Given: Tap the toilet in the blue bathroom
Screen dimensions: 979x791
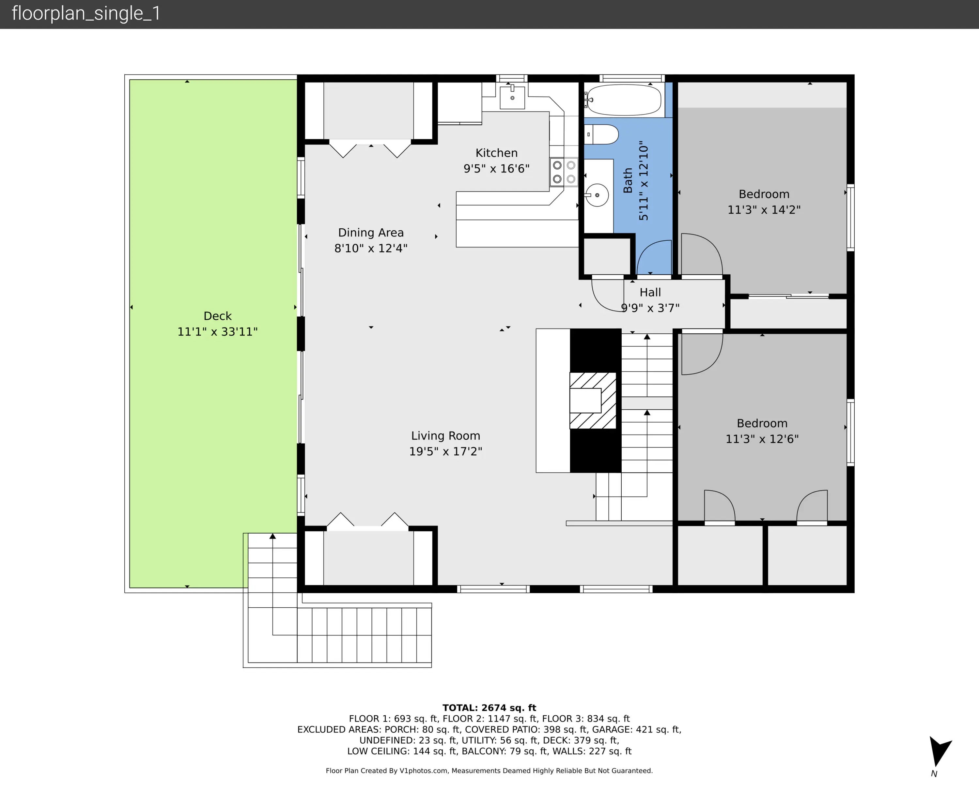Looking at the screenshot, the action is (601, 134).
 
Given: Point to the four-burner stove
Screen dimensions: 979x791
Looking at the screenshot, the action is (564, 172).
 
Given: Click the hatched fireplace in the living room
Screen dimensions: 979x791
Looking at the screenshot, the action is (593, 401).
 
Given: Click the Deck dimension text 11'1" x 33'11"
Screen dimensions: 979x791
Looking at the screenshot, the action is (217, 332).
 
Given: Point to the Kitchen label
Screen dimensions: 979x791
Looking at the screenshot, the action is (496, 153).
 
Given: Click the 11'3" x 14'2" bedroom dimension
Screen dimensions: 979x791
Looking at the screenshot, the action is (764, 210).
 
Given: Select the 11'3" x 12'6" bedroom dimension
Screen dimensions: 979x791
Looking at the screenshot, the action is (762, 439).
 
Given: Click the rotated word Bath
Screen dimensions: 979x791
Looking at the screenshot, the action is (628, 180).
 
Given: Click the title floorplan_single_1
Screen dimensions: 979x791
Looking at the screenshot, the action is (86, 13).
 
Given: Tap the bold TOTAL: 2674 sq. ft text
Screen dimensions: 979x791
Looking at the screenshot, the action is (489, 707).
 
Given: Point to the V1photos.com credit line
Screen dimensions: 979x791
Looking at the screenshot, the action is (489, 770).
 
